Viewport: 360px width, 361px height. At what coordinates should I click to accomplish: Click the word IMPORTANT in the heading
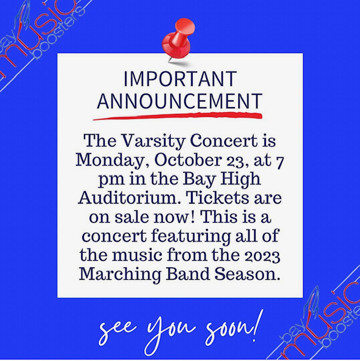180,78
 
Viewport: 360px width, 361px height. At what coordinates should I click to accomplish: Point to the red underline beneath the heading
178,116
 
